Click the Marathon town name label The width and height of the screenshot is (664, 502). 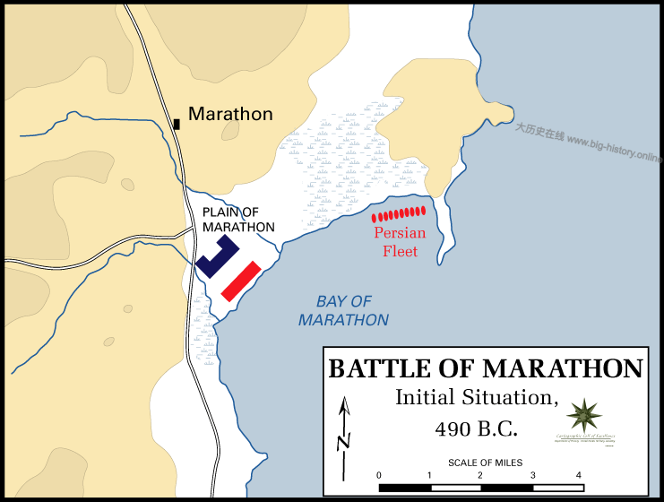click(x=230, y=114)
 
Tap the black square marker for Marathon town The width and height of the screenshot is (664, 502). click(x=177, y=123)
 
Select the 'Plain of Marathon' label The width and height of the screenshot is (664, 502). click(x=238, y=220)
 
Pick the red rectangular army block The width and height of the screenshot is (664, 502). click(x=241, y=281)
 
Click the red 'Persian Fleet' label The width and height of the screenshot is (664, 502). click(x=400, y=242)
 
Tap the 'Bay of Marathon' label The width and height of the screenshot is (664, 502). click(x=344, y=310)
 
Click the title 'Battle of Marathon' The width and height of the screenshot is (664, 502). click(x=486, y=368)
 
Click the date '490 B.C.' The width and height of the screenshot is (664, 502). click(x=477, y=428)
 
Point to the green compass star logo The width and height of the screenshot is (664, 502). click(x=584, y=417)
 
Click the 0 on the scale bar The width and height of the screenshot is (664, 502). click(x=379, y=475)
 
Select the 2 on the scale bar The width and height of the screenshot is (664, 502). click(x=480, y=475)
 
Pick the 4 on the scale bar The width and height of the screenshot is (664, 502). click(x=579, y=475)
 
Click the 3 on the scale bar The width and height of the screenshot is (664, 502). click(x=532, y=475)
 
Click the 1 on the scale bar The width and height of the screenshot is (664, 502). click(x=430, y=475)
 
